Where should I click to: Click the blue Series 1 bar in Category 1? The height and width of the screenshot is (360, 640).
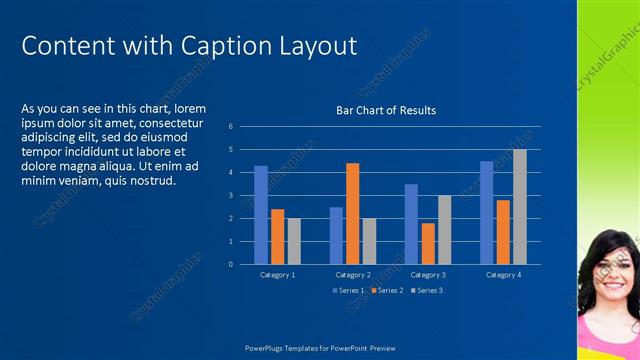tap(261, 215)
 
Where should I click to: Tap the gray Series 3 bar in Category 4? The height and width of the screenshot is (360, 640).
tap(519, 207)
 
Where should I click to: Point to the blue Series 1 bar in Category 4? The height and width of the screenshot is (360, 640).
tap(486, 212)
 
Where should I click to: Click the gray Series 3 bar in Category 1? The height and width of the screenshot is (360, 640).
tap(293, 241)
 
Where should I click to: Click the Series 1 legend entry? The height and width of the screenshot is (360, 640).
tap(349, 290)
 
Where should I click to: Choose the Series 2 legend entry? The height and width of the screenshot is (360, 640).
tap(387, 290)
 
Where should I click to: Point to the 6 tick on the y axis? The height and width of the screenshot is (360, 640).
tap(230, 127)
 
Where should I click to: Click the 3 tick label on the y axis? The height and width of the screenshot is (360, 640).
tap(230, 196)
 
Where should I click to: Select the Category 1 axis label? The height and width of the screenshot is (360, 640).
tap(277, 274)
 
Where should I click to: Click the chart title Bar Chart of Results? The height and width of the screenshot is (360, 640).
tap(386, 111)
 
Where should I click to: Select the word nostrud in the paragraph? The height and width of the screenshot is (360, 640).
tap(151, 181)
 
